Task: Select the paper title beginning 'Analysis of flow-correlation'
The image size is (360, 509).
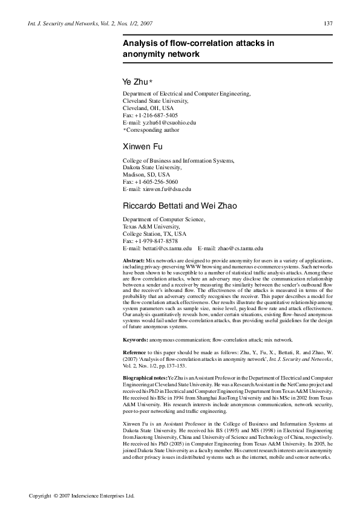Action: (198, 48)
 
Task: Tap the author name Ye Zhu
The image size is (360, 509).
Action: (136, 81)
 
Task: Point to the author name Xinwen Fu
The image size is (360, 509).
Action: (142, 147)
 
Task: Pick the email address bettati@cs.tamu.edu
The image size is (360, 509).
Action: (166, 248)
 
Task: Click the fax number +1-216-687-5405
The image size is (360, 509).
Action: (156, 114)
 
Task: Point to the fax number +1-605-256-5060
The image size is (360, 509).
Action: (156, 181)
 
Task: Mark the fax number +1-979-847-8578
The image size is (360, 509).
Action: (156, 241)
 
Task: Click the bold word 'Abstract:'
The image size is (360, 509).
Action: (134, 259)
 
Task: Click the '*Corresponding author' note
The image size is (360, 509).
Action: (151, 129)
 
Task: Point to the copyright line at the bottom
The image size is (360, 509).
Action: (82, 495)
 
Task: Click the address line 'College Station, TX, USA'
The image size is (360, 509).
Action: (154, 233)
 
